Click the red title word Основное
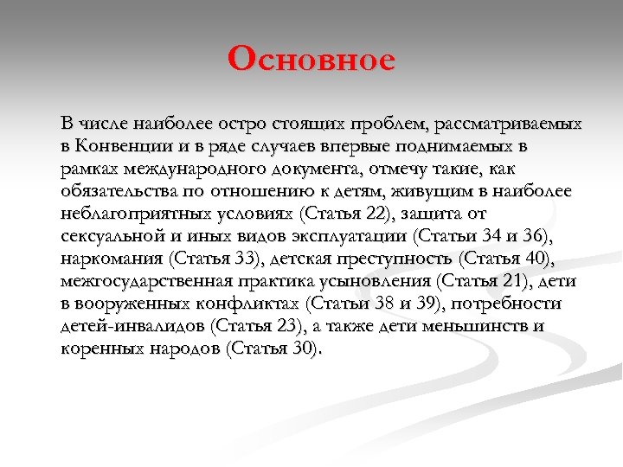[311, 61]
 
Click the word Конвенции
[123, 144]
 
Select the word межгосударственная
[145, 281]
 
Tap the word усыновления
[384, 281]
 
